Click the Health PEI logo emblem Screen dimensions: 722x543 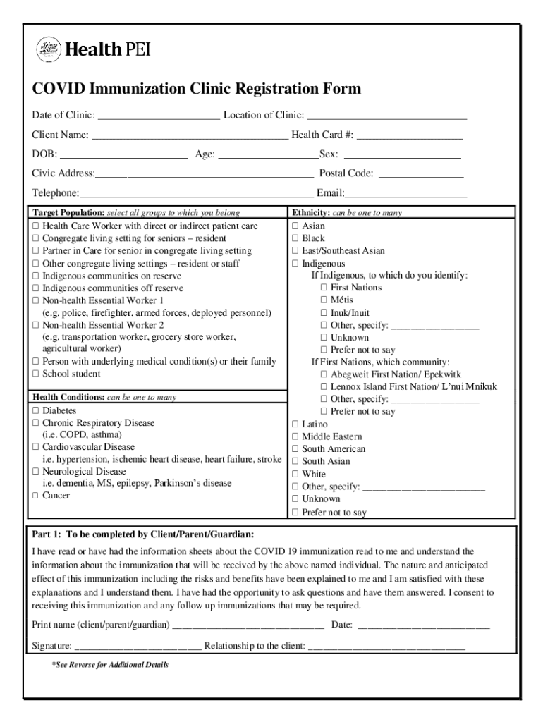click(x=48, y=49)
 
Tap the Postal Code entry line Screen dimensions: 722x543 click(x=421, y=174)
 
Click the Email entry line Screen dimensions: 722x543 click(x=406, y=194)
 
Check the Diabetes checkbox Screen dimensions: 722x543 click(x=35, y=410)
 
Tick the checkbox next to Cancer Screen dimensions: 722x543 click(x=35, y=496)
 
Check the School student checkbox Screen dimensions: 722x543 click(x=35, y=374)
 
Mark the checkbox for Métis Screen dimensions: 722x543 click(x=324, y=300)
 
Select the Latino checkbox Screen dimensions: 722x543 click(x=295, y=424)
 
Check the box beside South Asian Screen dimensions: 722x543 click(x=295, y=462)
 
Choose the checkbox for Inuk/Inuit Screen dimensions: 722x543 click(x=324, y=313)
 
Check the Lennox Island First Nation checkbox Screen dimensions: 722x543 click(x=324, y=387)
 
